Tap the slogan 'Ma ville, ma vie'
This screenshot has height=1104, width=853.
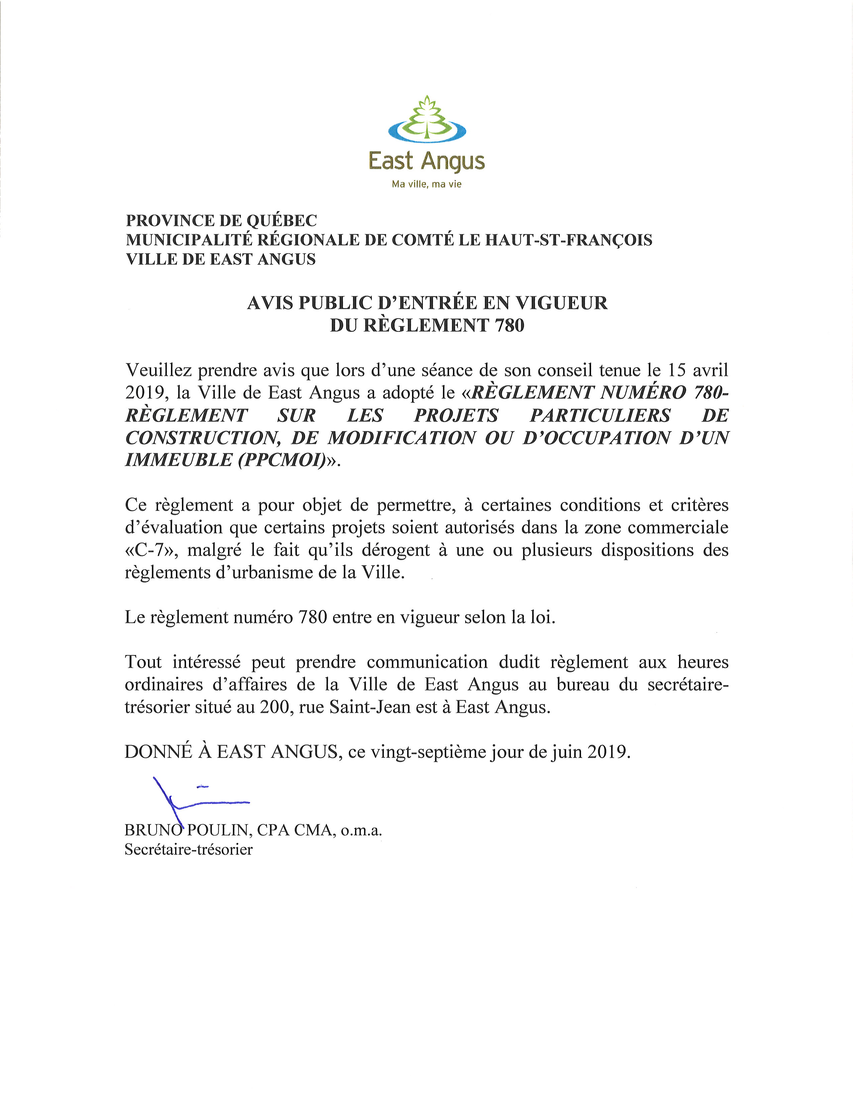coord(426,185)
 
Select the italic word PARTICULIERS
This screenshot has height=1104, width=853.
coord(600,415)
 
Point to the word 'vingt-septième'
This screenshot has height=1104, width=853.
coord(429,752)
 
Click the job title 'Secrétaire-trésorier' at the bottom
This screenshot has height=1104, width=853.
coord(188,850)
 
